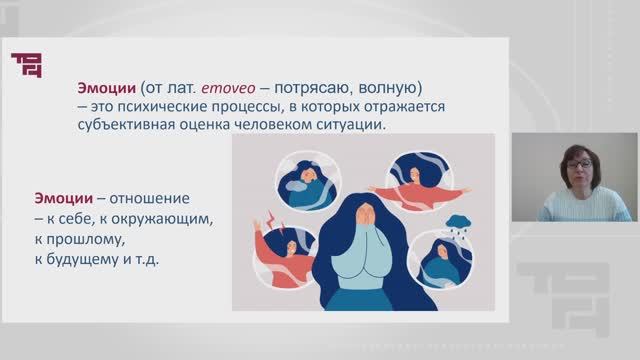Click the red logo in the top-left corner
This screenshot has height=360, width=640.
(x=27, y=64)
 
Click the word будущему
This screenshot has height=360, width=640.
(x=76, y=258)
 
